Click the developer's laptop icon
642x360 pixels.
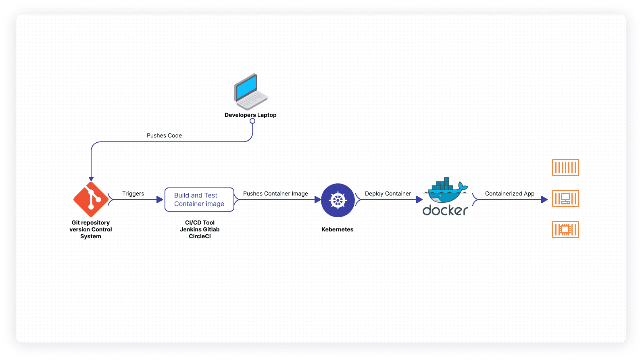coord(251,93)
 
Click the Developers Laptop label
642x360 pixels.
coord(250,115)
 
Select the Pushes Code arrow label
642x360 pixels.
coord(164,135)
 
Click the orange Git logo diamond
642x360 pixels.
coord(91,199)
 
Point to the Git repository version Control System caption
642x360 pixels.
coord(91,229)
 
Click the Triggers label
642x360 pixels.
coord(133,194)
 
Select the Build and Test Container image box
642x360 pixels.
coord(199,200)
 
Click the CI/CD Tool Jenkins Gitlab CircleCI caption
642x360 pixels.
coord(200,229)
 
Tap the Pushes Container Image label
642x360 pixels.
coord(275,194)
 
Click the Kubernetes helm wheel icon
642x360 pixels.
coord(338,200)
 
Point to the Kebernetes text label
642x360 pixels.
coord(338,229)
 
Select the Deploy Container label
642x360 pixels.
coord(388,194)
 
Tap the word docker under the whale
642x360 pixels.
coord(445,210)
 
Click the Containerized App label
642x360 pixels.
coord(510,194)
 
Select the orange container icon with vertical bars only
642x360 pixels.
coord(565,167)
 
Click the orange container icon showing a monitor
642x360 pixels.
coord(565,198)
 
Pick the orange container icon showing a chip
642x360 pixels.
coord(565,229)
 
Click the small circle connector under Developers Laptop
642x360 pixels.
coord(252,121)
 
